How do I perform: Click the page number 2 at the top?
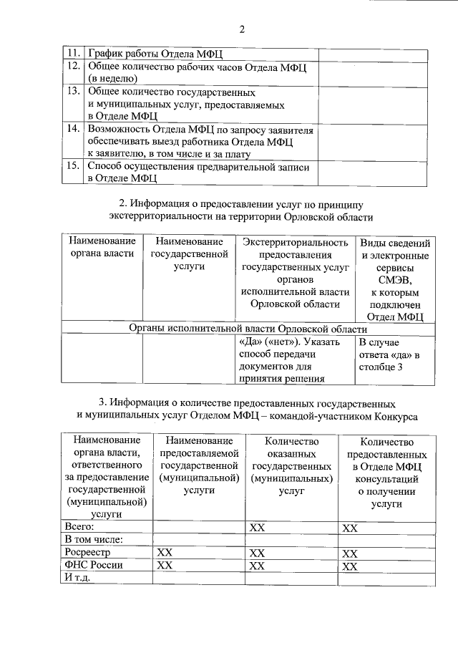tap(241, 29)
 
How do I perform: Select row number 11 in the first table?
tap(73, 54)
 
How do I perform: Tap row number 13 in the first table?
tap(73, 92)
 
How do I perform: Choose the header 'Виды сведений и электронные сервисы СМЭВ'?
tap(395, 279)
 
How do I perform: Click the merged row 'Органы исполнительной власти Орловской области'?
tap(248, 329)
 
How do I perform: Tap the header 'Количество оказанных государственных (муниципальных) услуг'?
tap(291, 466)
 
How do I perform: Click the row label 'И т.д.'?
tap(77, 578)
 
